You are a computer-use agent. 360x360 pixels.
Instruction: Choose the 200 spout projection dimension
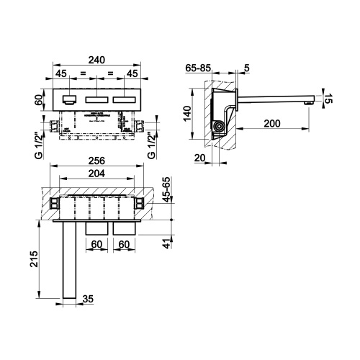272,124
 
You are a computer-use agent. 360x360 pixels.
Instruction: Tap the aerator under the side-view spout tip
310,103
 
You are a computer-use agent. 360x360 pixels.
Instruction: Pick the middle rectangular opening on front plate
96,100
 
